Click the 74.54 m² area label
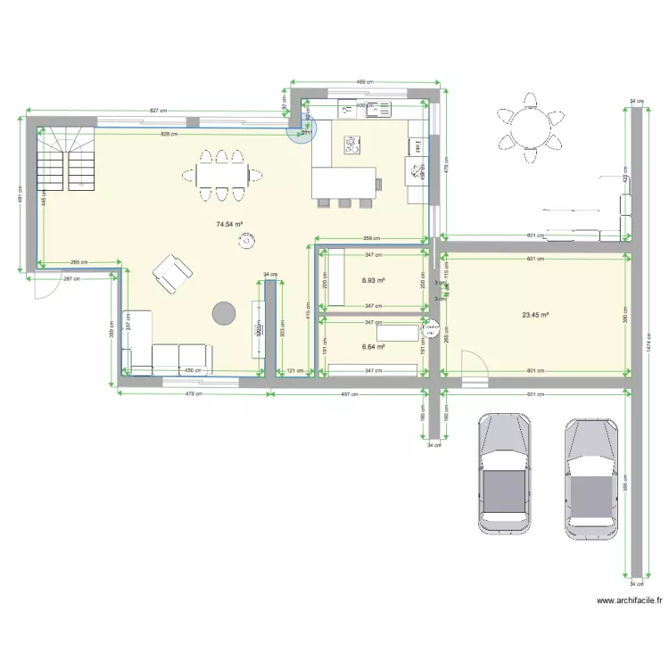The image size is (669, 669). [x=229, y=226]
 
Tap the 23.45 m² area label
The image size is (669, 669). [x=534, y=314]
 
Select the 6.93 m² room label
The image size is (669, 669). [x=373, y=280]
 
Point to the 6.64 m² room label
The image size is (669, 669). [x=373, y=347]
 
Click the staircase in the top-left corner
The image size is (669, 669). [x=66, y=159]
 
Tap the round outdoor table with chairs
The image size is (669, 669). [x=531, y=128]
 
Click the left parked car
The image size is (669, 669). [x=505, y=474]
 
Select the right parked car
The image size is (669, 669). [x=591, y=478]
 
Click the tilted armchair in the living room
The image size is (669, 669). [x=172, y=272]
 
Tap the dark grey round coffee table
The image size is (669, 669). [x=223, y=312]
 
